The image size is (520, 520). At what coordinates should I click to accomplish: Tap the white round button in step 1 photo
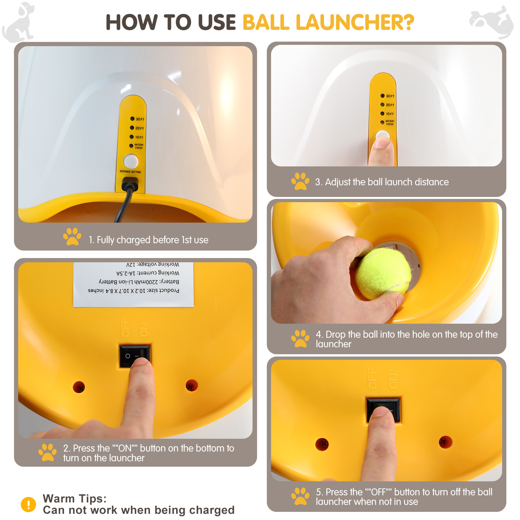(131, 161)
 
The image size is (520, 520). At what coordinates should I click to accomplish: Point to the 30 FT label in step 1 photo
(140, 119)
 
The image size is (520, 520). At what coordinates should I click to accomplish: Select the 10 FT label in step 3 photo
(390, 114)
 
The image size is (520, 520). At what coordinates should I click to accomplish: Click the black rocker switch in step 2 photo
(134, 356)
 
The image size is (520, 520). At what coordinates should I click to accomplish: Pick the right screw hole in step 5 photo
(445, 442)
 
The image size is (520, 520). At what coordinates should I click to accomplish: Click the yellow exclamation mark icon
(29, 504)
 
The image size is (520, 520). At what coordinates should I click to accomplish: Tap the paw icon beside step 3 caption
(300, 181)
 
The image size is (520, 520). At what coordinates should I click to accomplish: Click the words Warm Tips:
(75, 499)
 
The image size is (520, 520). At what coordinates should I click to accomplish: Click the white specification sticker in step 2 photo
(134, 285)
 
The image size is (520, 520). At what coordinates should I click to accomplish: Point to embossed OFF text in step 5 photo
(372, 378)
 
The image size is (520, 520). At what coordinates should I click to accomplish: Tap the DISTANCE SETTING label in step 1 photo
(130, 172)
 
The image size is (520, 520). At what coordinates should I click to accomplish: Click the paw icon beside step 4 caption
(300, 339)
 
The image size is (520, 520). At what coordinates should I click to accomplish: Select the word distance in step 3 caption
(432, 182)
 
